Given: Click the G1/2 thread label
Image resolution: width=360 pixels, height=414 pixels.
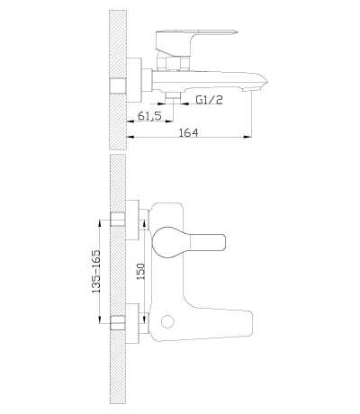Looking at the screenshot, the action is [x=210, y=100].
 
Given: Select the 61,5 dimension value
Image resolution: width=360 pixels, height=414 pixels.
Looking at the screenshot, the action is [x=149, y=115].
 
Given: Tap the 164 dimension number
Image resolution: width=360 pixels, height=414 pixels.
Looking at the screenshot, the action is [x=189, y=132].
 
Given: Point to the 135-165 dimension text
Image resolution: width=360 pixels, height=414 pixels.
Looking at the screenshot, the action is [x=95, y=272].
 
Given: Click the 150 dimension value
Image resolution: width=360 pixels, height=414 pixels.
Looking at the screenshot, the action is [x=141, y=271].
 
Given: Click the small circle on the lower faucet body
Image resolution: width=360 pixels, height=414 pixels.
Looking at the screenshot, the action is [x=167, y=322].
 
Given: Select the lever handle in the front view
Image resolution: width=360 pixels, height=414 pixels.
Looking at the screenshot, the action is [x=188, y=242].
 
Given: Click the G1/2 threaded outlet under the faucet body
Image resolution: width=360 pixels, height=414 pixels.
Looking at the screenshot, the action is [x=173, y=97].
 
